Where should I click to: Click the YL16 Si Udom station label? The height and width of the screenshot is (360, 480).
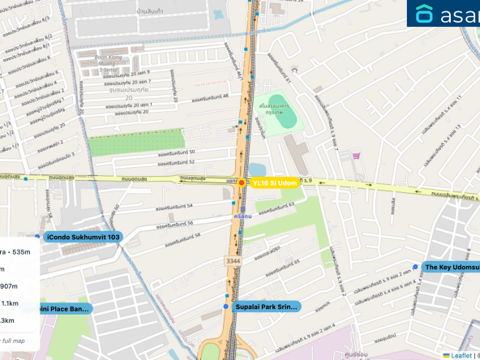pyautogui.click(x=276, y=183)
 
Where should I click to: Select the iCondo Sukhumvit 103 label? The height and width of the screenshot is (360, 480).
pyautogui.click(x=84, y=237)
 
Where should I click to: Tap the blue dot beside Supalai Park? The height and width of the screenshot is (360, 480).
pyautogui.click(x=225, y=307)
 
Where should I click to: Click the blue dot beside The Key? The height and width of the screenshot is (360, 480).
pyautogui.click(x=415, y=267)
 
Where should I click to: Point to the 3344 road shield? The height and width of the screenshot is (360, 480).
pyautogui.click(x=234, y=260)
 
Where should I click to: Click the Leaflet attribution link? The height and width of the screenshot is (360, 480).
pyautogui.click(x=461, y=355)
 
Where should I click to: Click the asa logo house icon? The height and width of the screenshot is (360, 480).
pyautogui.click(x=425, y=14)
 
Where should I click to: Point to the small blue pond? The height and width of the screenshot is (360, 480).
pyautogui.click(x=256, y=169)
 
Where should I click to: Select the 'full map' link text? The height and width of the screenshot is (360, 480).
pyautogui.click(x=11, y=341)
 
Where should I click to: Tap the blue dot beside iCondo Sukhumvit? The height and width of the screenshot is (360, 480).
pyautogui.click(x=37, y=237)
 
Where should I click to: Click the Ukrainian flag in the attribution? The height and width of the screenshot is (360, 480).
pyautogui.click(x=446, y=355)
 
